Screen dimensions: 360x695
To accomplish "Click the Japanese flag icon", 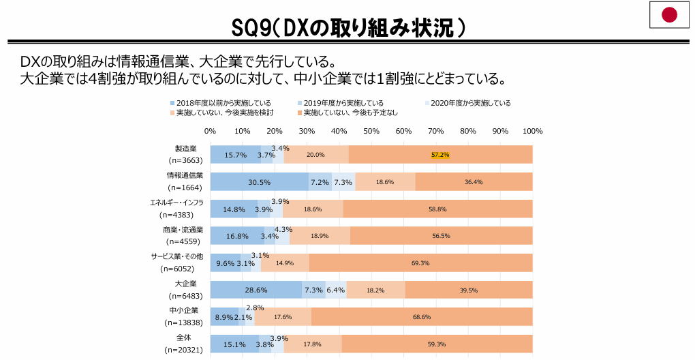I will click(670, 14).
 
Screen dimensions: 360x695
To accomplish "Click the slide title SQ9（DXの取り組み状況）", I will click(347, 27).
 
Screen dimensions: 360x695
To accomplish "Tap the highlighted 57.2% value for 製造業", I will click(440, 155).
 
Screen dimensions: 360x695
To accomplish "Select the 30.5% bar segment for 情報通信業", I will click(259, 182).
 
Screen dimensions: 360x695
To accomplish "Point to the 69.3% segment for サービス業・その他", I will click(420, 263).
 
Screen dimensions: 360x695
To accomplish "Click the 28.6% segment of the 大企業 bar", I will click(256, 290).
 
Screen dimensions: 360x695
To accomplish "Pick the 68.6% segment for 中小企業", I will click(422, 317).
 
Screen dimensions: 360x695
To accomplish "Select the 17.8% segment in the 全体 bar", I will click(313, 344).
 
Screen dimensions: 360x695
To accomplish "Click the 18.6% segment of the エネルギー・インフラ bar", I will click(313, 209).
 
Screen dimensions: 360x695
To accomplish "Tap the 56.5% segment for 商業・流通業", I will click(441, 236).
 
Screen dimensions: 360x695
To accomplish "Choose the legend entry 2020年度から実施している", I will click(470, 103).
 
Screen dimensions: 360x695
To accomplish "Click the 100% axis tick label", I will click(532, 131).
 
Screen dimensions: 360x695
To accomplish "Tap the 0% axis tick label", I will click(210, 131).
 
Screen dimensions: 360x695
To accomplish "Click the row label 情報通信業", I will click(185, 175).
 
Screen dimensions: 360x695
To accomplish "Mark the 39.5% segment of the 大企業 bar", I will click(468, 290).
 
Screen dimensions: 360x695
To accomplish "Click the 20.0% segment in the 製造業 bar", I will click(315, 155).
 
